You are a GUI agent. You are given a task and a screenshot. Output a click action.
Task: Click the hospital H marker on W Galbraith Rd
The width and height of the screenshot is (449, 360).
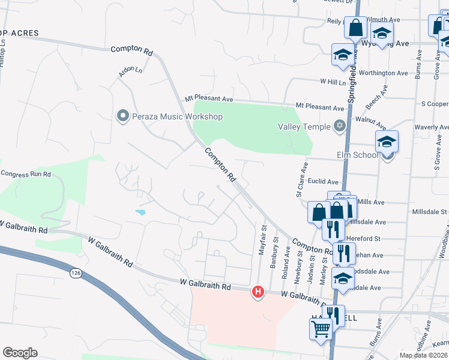pyautogui.click(x=258, y=292)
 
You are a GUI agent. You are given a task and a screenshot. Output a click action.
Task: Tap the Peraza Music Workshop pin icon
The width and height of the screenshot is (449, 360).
pyautogui.click(x=123, y=115)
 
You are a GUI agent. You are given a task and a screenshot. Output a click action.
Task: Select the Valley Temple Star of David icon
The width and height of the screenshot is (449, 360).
pyautogui.click(x=339, y=126)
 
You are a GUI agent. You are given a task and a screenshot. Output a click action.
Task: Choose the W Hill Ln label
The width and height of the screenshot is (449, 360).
pyautogui.click(x=333, y=81)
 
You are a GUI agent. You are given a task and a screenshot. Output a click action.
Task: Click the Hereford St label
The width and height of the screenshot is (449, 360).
pyautogui.click(x=364, y=238)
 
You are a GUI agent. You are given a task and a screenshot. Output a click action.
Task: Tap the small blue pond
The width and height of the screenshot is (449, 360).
pyautogui.click(x=140, y=212)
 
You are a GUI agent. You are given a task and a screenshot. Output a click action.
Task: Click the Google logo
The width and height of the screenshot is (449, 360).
pyautogui.click(x=20, y=353)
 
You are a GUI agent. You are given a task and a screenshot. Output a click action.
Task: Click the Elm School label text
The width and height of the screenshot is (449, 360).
pyautogui.click(x=358, y=155)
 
